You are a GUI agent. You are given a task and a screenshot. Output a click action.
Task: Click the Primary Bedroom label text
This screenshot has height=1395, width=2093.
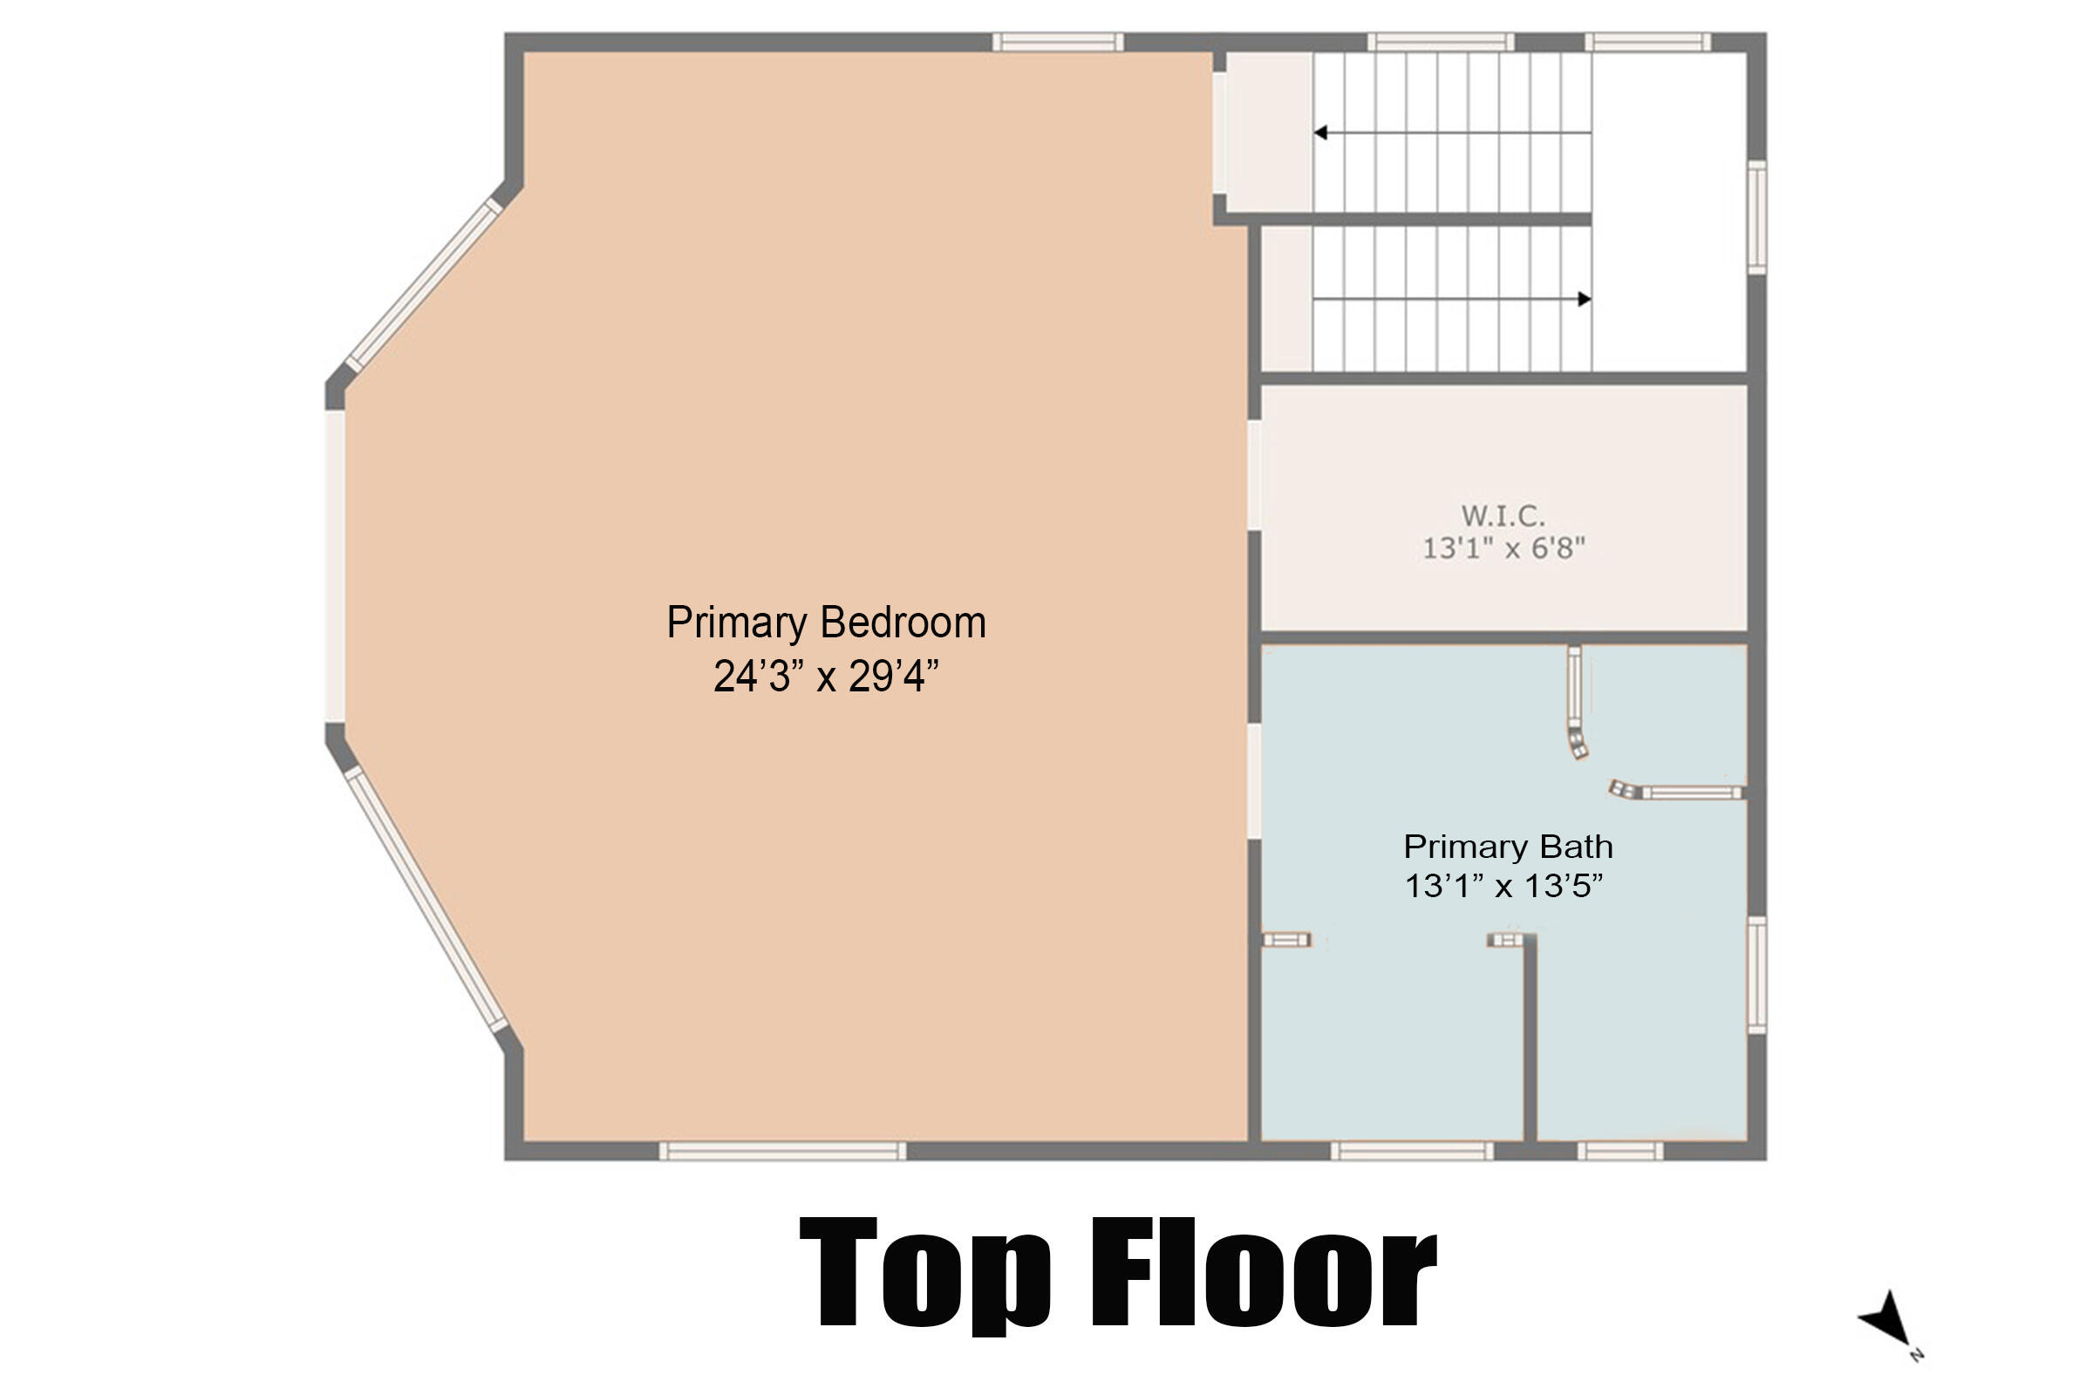[826, 623]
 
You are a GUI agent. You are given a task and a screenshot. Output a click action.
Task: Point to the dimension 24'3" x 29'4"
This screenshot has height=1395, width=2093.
[826, 677]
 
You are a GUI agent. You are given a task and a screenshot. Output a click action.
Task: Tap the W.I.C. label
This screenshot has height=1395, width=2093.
[1503, 515]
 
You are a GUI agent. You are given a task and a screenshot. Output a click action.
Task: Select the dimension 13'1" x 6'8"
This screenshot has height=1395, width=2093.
[1503, 548]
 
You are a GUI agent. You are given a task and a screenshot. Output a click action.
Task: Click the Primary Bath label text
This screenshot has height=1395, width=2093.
[1508, 846]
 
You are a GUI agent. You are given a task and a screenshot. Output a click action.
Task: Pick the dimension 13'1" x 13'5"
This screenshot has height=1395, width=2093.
[1503, 886]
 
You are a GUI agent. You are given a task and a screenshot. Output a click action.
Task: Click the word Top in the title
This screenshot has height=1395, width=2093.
[925, 1273]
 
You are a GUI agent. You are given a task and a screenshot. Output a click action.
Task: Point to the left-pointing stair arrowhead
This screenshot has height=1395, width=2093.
[1320, 133]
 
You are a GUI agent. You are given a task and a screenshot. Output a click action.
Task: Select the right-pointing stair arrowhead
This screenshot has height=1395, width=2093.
[1584, 299]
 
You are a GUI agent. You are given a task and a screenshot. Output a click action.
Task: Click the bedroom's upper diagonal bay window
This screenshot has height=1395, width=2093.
[424, 285]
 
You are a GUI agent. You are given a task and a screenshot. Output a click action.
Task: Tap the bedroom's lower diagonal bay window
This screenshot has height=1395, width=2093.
[426, 900]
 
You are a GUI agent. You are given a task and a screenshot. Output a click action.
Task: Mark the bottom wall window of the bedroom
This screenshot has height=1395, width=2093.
[782, 1151]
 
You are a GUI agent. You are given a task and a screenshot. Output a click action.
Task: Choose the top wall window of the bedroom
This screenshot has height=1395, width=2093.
[1057, 42]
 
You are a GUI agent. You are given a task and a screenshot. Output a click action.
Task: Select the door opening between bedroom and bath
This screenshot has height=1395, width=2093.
[1254, 780]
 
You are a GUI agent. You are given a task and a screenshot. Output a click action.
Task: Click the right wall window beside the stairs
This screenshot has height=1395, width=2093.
[1756, 217]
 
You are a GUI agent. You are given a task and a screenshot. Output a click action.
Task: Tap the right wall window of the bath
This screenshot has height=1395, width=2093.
[1756, 975]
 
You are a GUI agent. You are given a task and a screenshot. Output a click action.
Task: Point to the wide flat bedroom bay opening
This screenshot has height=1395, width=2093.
[335, 566]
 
